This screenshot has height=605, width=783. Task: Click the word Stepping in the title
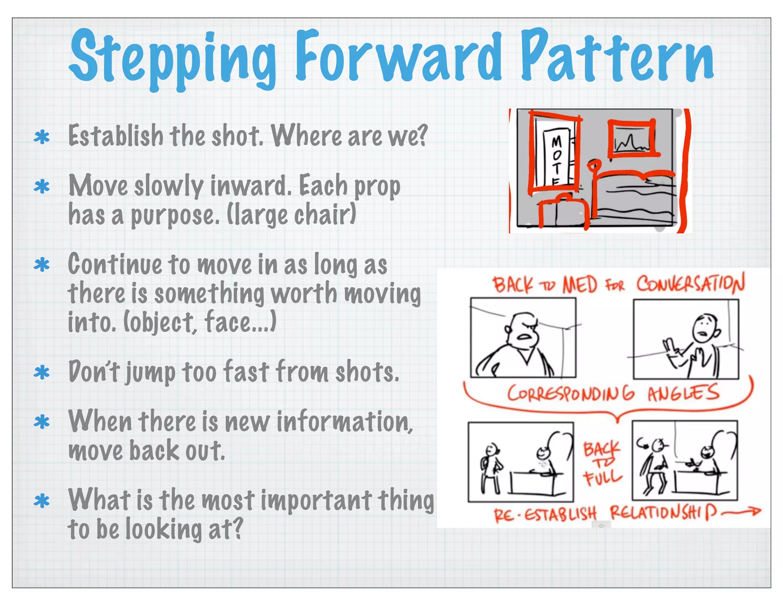pos(172,57)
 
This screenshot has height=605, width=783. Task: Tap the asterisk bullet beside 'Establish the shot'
pos(42,137)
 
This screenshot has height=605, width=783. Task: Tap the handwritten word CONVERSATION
pos(690,284)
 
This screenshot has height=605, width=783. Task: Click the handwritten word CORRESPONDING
pos(570,394)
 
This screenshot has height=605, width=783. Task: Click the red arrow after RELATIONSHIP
pos(742,512)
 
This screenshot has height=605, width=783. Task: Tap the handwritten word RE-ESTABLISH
pos(545,514)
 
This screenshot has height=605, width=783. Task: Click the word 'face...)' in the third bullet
pos(240,322)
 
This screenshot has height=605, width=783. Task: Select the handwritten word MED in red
pos(580,285)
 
